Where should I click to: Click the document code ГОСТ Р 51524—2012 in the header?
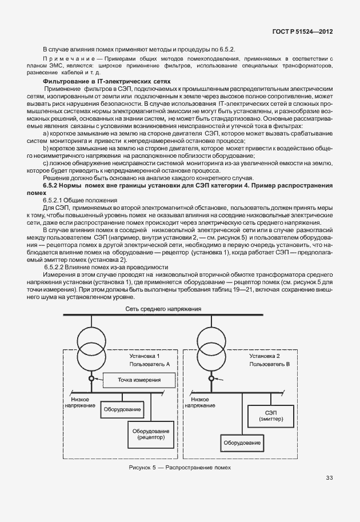(306, 34)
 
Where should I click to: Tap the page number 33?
(330, 478)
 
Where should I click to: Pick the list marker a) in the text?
(46, 133)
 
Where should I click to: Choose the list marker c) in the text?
(46, 163)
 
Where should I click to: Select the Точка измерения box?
(139, 380)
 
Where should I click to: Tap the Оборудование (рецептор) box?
(151, 433)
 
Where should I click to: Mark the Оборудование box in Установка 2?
(242, 443)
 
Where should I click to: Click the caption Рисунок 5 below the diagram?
(180, 467)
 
